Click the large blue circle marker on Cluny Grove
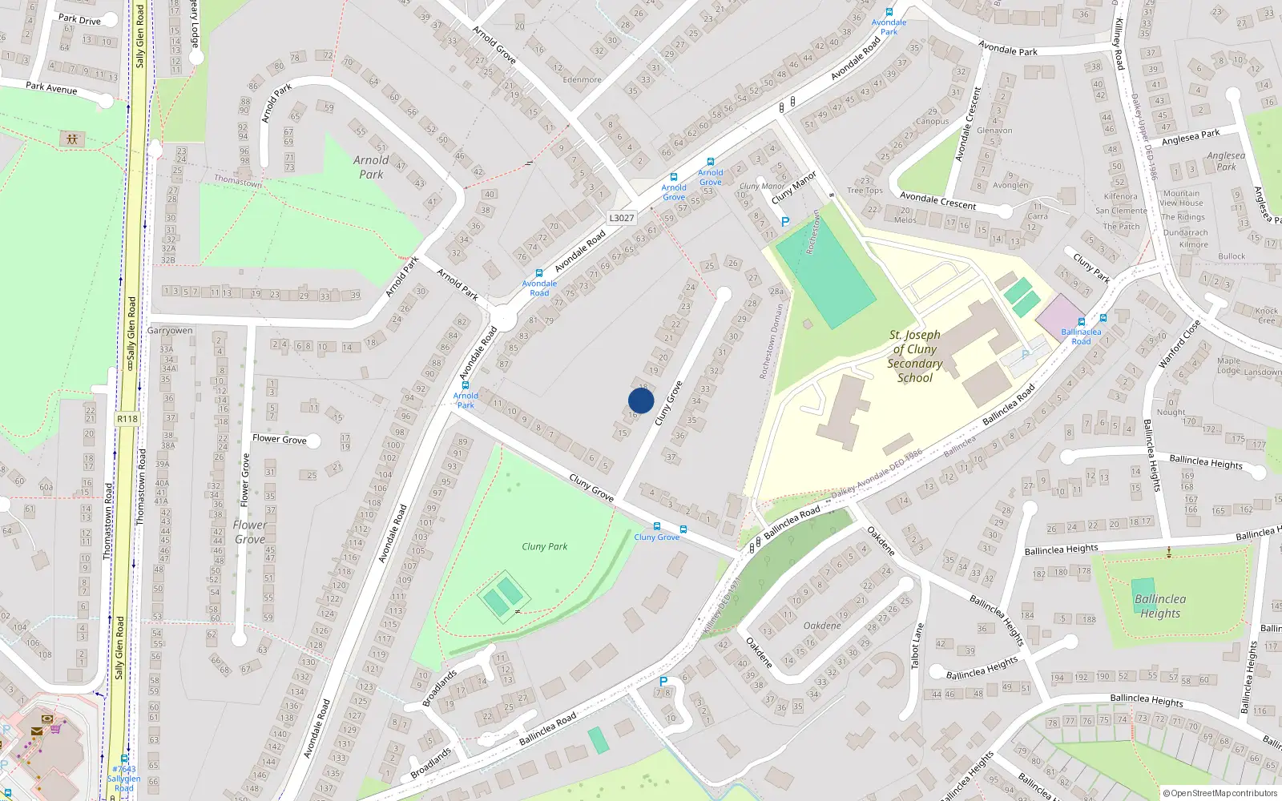tap(641, 400)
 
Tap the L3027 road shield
tap(621, 218)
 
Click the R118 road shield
tap(127, 419)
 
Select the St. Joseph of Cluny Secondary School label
tap(914, 356)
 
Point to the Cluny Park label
tap(544, 546)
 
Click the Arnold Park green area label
tap(371, 167)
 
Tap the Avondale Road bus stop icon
tap(538, 273)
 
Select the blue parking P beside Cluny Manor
tap(785, 222)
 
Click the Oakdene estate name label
tap(822, 626)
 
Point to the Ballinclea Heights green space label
tap(1159, 606)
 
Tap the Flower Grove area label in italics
tap(250, 532)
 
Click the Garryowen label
tap(170, 330)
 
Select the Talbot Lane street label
tap(918, 646)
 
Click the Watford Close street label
tap(1179, 345)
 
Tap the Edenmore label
tap(582, 79)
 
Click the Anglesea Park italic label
tap(1226, 161)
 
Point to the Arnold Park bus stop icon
tap(465, 385)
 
